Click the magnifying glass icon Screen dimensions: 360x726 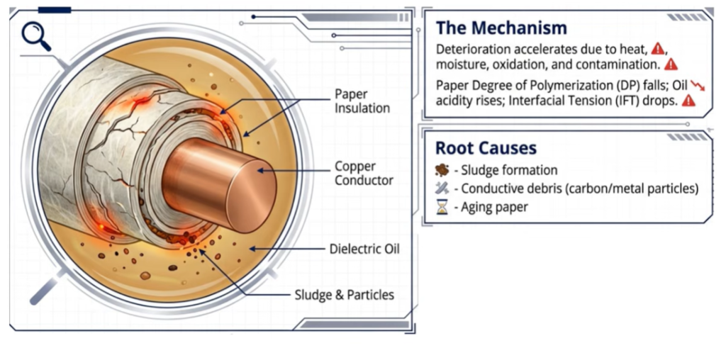coord(35,35)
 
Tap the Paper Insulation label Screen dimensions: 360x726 coord(362,101)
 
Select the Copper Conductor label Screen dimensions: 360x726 coord(364,174)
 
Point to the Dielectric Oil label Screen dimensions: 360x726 coord(364,249)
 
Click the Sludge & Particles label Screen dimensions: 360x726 coord(345,295)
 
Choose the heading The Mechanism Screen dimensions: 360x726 coord(501,28)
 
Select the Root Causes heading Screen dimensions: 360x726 coord(486,148)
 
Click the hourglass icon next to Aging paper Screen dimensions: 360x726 coord(442,207)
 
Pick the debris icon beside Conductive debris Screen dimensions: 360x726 coord(442,189)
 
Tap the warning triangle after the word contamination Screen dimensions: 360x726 coord(671,64)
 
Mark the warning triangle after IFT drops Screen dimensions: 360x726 coord(688,101)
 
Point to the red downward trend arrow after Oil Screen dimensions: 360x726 coord(698,85)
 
